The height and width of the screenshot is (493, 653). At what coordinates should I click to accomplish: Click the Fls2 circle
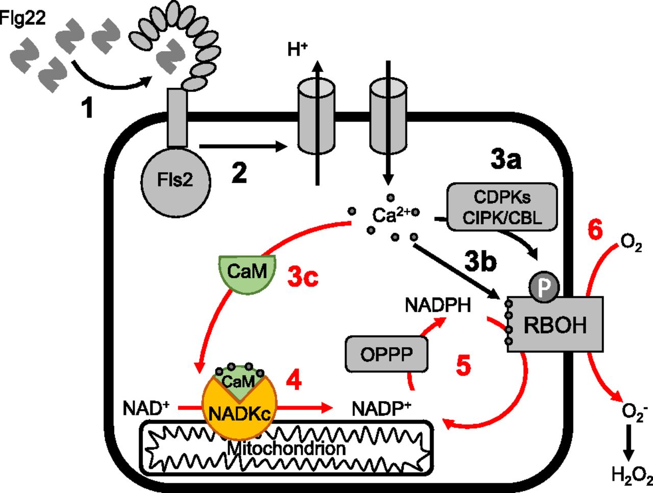174,180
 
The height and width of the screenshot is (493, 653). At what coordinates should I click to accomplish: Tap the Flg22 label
23,18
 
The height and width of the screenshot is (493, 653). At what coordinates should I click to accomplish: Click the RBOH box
556,325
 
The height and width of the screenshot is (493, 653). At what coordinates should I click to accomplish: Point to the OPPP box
386,354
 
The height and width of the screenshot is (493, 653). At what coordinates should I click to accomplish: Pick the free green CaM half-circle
247,273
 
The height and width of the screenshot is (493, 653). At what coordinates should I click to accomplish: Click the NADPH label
438,305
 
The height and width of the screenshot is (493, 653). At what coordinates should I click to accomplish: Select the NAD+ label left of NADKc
146,409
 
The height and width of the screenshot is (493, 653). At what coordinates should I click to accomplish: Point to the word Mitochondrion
286,449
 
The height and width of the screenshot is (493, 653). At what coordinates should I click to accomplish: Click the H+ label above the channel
297,50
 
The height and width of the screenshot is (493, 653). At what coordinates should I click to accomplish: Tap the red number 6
595,230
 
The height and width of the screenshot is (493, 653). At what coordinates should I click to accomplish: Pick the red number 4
294,381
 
